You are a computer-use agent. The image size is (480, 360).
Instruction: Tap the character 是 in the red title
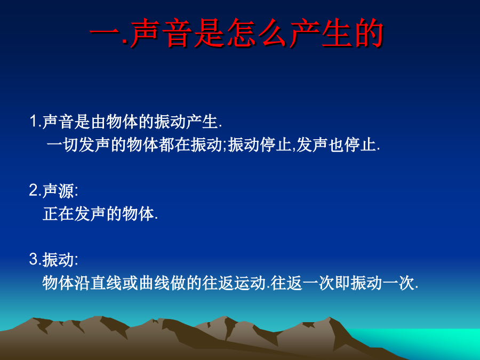[210, 33]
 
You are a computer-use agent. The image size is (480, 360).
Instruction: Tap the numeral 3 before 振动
[34, 259]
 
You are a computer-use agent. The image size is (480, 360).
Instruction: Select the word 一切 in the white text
[62, 145]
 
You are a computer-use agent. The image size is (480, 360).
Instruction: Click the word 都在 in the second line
[175, 145]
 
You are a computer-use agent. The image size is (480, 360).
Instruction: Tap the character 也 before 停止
[336, 145]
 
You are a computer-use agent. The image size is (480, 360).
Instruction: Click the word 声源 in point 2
[58, 191]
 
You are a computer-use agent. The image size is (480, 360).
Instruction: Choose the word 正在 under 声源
[58, 214]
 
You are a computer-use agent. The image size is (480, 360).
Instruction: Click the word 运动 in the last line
[250, 283]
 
